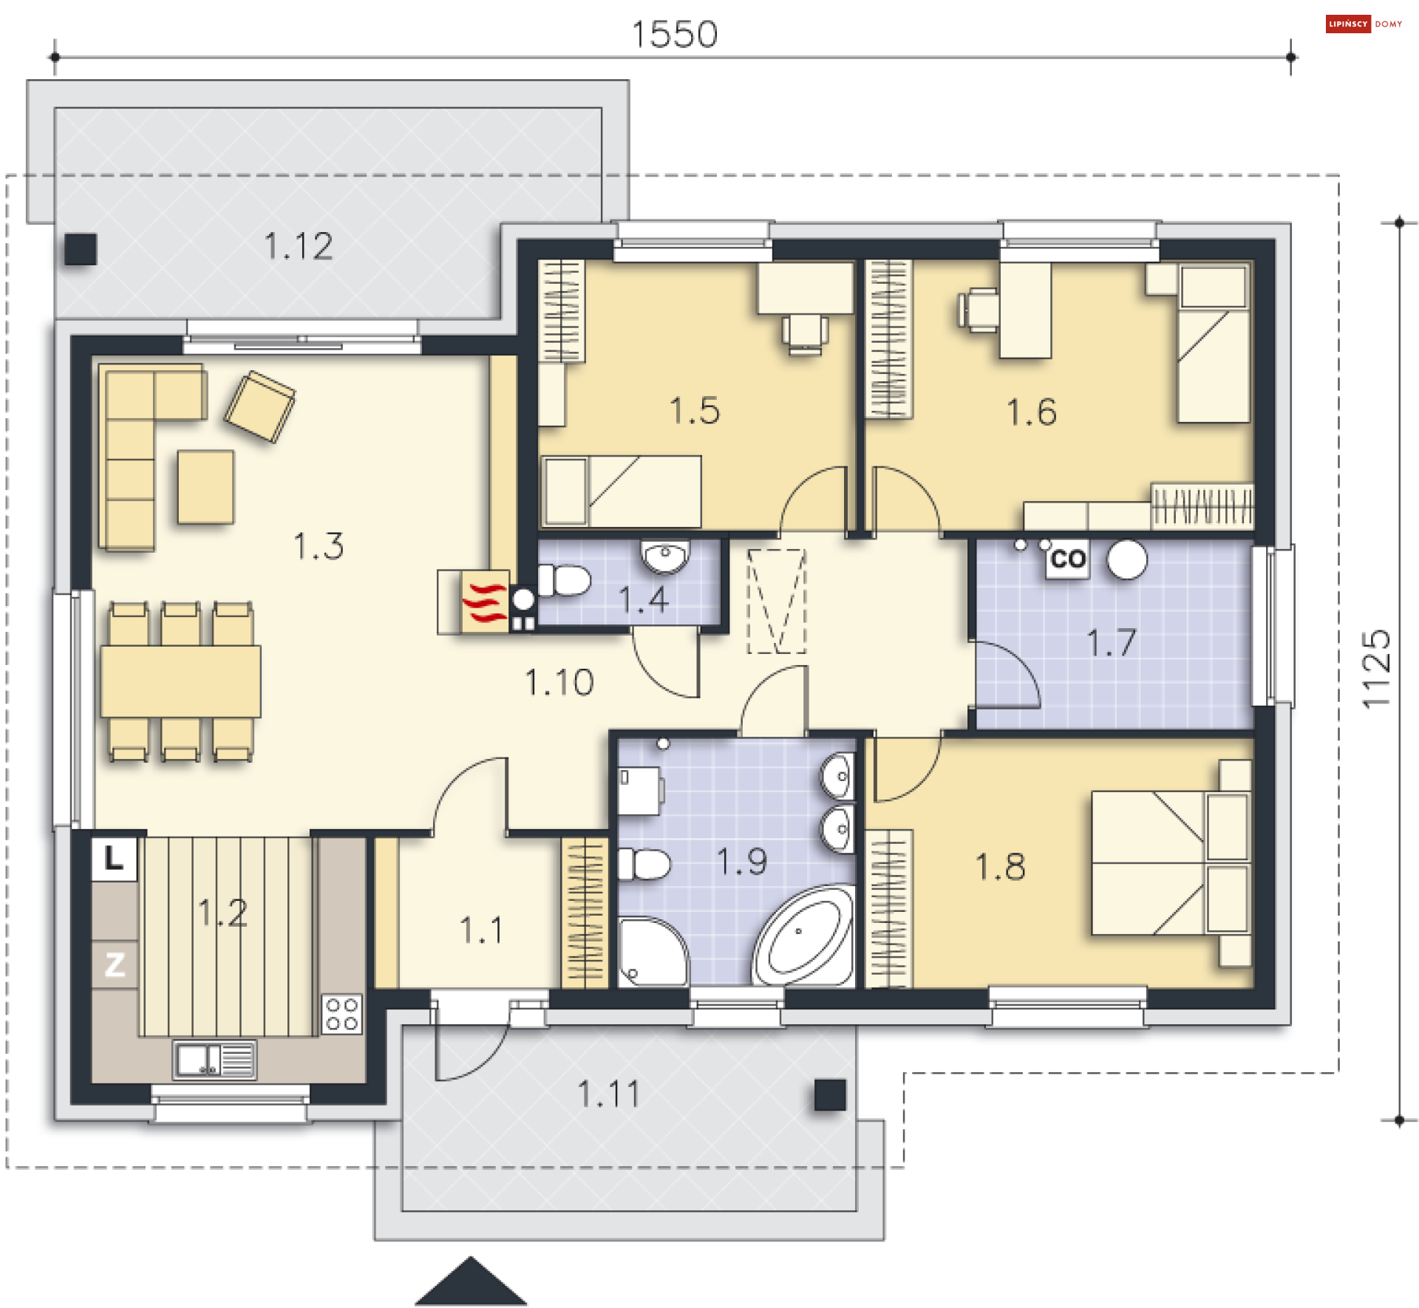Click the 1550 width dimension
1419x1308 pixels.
pos(674,34)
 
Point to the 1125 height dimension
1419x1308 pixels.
pos(1376,669)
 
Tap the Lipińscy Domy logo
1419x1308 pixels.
pos(1364,24)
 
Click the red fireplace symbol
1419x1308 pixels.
pos(485,602)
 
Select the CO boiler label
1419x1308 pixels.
pos(1068,559)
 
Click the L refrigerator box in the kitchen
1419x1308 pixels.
pos(114,859)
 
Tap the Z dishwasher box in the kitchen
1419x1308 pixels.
pos(115,964)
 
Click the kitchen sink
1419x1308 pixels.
pos(214,1060)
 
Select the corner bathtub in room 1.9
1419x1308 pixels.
pos(803,936)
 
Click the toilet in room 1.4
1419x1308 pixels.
pos(564,581)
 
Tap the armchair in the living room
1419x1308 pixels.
pos(260,406)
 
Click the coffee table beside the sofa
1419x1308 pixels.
pos(205,487)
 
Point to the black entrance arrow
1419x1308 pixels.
pos(471,1281)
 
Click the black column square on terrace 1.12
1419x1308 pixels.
pos(81,249)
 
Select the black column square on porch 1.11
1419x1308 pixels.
pos(830,1095)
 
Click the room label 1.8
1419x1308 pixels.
pos(1000,866)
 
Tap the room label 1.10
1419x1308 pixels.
pos(559,682)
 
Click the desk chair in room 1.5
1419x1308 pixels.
pos(805,334)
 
